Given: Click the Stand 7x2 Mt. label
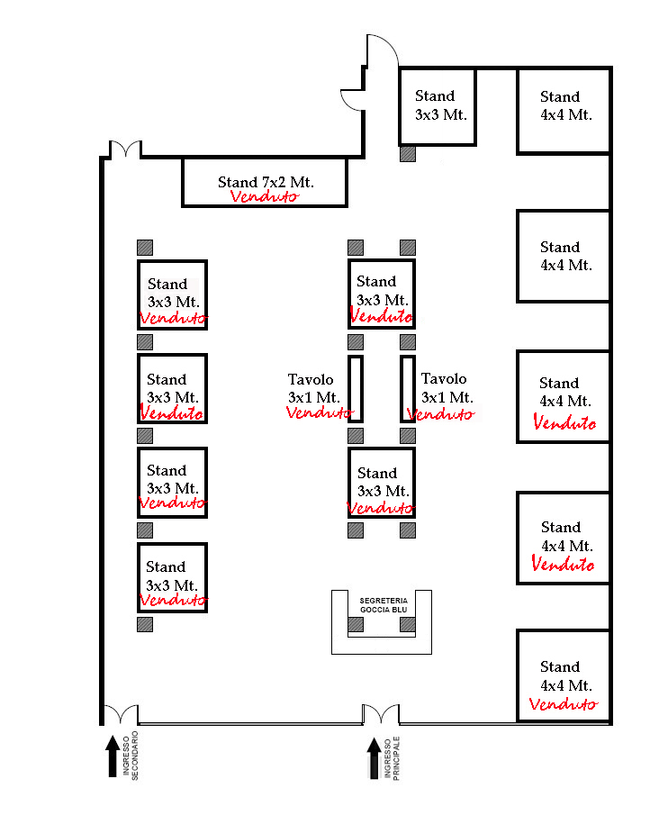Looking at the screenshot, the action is [266, 182].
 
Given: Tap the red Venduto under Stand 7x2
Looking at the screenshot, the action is [265, 196].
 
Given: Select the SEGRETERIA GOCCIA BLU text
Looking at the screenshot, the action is [384, 605].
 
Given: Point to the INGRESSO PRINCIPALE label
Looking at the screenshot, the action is [393, 758].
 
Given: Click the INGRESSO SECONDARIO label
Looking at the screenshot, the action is [131, 756].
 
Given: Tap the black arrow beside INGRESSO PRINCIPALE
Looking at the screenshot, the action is [374, 758].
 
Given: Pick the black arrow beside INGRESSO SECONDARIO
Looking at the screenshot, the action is [113, 756].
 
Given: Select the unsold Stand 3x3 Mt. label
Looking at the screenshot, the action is [440, 105].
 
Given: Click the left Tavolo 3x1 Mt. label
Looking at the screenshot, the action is [313, 388].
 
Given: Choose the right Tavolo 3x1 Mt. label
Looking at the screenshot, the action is [447, 388].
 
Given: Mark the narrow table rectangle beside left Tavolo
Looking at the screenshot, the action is [356, 389].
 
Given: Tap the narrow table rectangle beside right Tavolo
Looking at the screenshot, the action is [408, 389].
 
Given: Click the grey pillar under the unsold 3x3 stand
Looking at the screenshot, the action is [408, 154].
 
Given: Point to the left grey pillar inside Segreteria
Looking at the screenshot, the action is [356, 624].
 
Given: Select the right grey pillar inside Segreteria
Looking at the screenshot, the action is [408, 624].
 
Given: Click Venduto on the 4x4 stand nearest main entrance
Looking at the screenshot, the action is [563, 703].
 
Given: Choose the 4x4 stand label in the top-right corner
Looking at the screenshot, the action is [565, 105].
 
